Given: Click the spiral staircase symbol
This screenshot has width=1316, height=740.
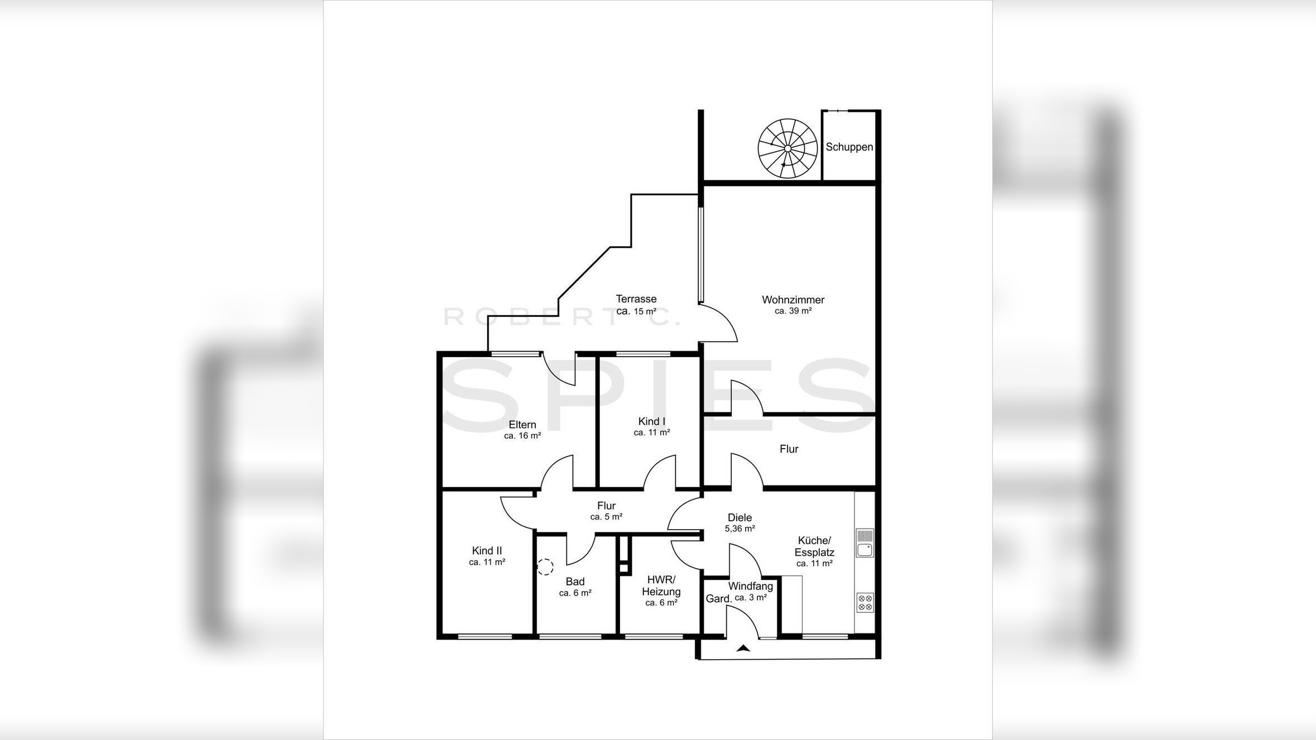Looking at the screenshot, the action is click(x=787, y=148).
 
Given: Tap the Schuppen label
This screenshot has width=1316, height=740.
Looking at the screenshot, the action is click(x=849, y=147).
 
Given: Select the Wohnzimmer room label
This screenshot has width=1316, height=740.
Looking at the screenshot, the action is click(x=793, y=300).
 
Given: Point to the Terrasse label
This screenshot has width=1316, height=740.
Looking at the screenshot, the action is click(x=636, y=299).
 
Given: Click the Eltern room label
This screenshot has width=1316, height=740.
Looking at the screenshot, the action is click(x=522, y=425).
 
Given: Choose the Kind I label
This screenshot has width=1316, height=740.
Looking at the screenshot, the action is click(x=652, y=421).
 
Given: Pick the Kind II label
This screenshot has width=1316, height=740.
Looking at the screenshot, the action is click(x=487, y=551).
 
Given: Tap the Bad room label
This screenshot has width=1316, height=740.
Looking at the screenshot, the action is click(x=575, y=582).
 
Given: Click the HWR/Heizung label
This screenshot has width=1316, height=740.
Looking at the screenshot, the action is click(x=661, y=586).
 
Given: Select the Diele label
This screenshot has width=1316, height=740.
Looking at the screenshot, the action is click(x=740, y=518).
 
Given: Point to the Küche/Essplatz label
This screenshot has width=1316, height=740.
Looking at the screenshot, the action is click(x=815, y=546).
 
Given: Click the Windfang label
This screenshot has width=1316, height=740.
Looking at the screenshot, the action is click(x=751, y=587).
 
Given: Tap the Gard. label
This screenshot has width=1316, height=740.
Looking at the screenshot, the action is click(x=718, y=599).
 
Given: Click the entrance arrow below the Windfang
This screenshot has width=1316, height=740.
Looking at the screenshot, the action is click(x=743, y=648).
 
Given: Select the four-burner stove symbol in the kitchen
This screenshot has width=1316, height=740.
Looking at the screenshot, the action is click(x=865, y=603).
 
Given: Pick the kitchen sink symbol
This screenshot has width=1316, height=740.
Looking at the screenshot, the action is click(x=865, y=544).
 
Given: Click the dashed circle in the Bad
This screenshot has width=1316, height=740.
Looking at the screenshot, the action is click(x=545, y=568).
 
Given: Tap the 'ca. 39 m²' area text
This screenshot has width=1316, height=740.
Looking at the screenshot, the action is click(x=793, y=311).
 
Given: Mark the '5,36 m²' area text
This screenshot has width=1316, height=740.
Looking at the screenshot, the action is click(x=740, y=528).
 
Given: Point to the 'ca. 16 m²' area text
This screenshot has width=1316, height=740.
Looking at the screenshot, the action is click(x=522, y=436).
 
